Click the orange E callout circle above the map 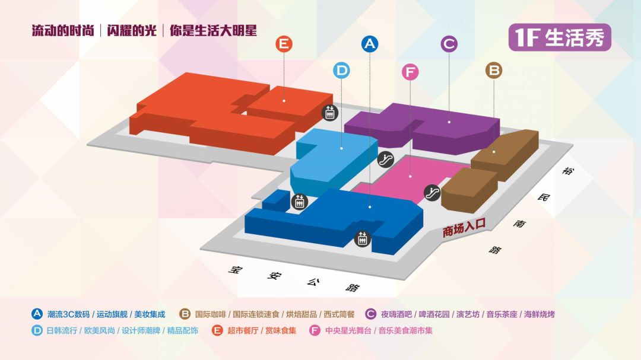click(284, 44)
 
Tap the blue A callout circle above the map click(370, 44)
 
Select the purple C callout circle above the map click(449, 44)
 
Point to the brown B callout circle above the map click(494, 71)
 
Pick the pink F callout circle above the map click(410, 72)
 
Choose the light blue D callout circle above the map click(341, 71)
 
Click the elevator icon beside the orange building click(329, 112)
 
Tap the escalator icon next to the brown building click(432, 193)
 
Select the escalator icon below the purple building click(386, 159)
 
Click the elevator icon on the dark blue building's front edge click(362, 239)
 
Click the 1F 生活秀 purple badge click(559, 37)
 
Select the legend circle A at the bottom click(37, 314)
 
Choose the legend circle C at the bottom click(371, 314)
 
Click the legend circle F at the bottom click(315, 330)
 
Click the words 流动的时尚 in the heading click(63, 31)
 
